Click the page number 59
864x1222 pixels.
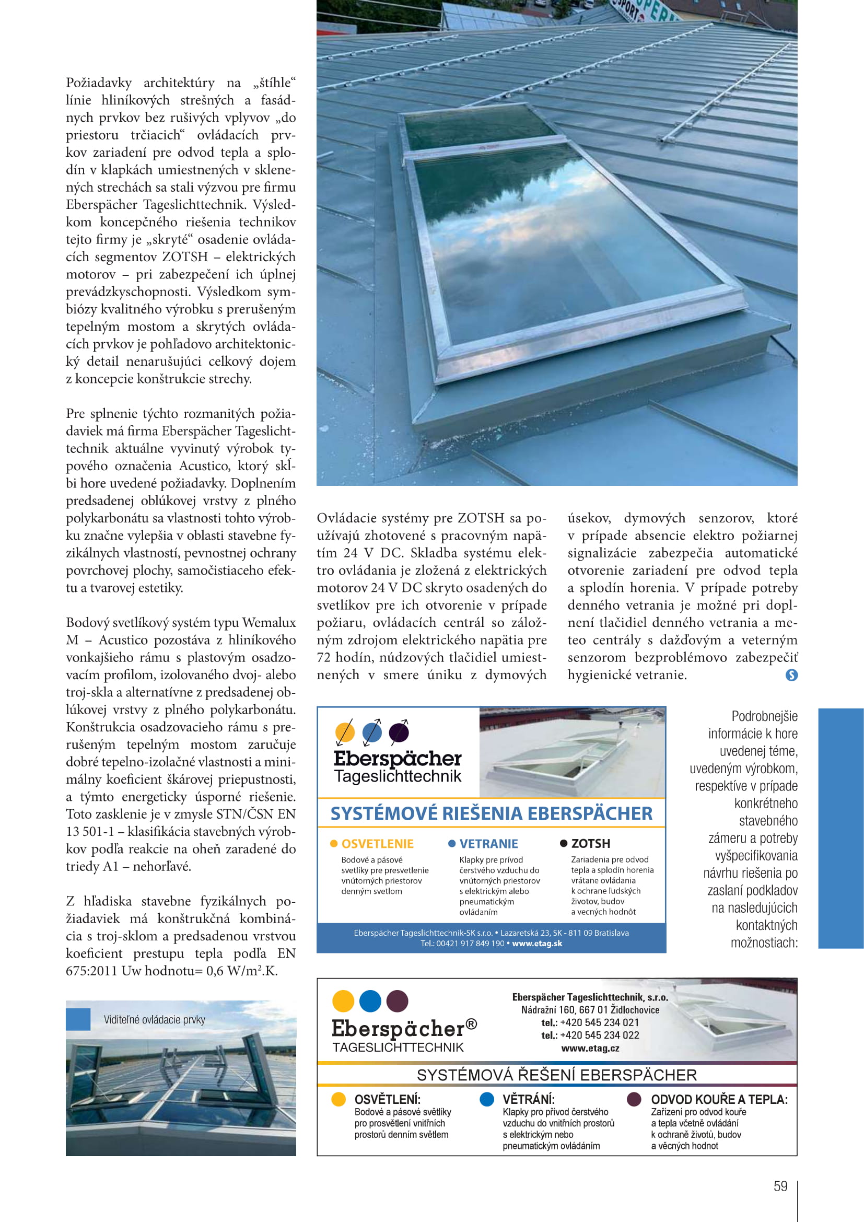tap(780, 1186)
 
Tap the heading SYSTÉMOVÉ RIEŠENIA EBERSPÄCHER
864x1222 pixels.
tap(491, 813)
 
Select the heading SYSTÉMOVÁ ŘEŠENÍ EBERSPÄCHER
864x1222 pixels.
tap(556, 1075)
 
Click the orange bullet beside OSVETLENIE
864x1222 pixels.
tap(334, 844)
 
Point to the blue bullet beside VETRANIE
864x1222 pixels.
tap(452, 844)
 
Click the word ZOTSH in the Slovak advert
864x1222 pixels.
tap(591, 844)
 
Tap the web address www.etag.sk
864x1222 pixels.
tap(537, 943)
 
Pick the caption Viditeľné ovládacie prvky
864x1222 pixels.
tap(154, 1020)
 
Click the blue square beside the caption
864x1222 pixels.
tap(78, 1019)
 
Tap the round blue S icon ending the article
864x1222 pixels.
tap(791, 675)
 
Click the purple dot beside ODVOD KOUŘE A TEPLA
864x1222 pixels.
tap(634, 1100)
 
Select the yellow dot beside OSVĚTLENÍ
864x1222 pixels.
tap(338, 1100)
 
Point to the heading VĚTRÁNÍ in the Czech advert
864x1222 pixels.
tap(528, 1100)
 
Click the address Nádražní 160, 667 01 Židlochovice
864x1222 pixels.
tap(590, 1010)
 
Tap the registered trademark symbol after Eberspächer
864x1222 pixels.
tap(471, 1023)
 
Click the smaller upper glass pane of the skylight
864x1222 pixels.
tap(479, 127)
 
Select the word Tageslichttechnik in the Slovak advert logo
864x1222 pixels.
tap(398, 776)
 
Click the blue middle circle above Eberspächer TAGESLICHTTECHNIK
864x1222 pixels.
tap(370, 1001)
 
